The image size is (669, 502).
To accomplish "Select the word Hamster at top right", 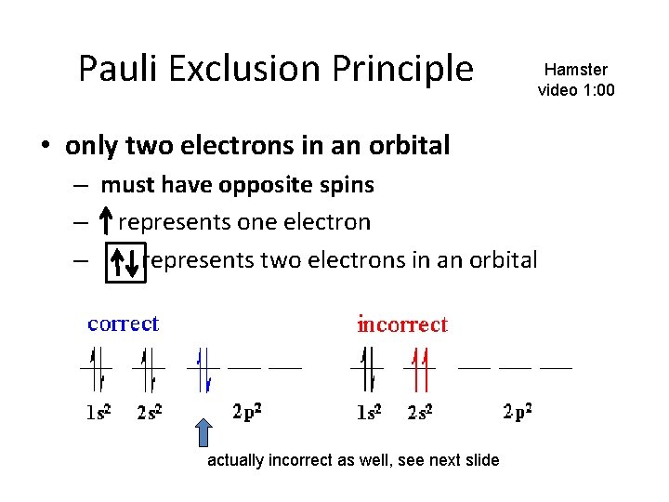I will (x=576, y=70).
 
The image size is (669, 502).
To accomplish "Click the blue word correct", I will (x=123, y=324).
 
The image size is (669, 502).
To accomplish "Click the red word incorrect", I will (x=402, y=324).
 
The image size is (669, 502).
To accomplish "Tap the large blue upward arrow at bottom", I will (x=203, y=432).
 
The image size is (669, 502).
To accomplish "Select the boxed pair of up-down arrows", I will (x=126, y=260).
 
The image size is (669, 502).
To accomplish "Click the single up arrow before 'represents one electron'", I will (x=108, y=222).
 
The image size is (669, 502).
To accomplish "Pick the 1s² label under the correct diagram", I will (x=98, y=413).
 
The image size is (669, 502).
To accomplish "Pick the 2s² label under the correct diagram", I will (x=150, y=413).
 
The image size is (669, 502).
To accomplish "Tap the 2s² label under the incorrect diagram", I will (x=422, y=413).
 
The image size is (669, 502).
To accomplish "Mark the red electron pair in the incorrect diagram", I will (x=419, y=368).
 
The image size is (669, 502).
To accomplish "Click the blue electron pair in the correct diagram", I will (x=204, y=368).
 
